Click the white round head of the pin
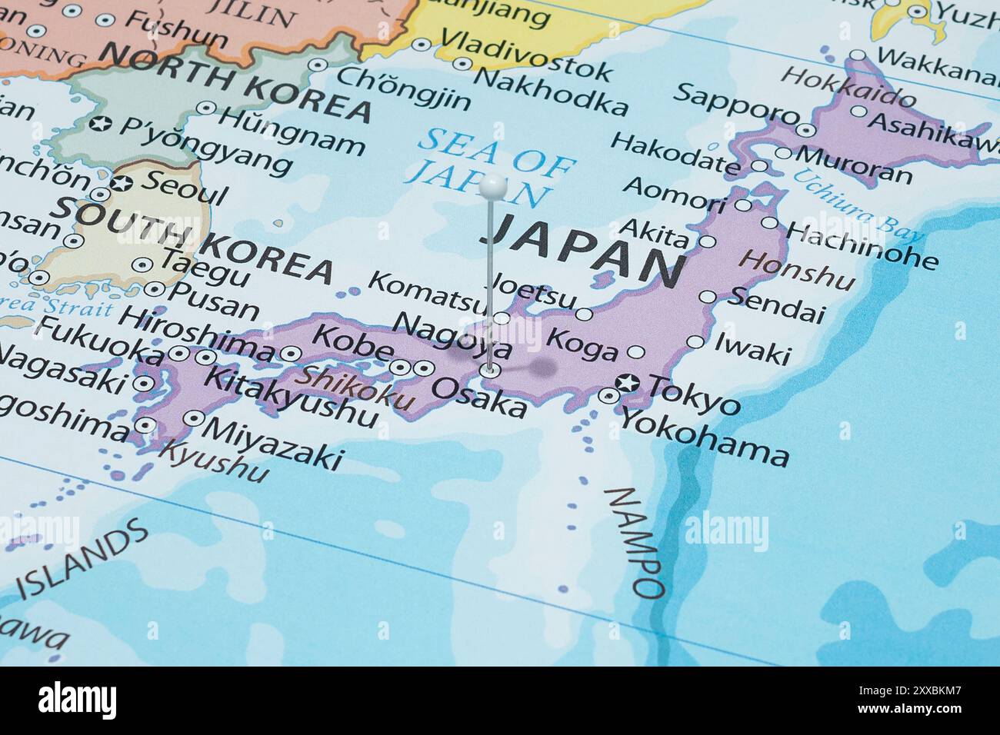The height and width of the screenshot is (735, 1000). point(492,185)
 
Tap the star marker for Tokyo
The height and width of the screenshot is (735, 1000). point(629,382)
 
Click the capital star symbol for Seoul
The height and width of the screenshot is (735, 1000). point(121,184)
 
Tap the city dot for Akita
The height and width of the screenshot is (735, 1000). point(707,241)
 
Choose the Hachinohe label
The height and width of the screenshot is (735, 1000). point(862,245)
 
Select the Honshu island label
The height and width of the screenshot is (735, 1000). point(796,269)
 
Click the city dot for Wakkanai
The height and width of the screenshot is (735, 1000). point(858,55)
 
